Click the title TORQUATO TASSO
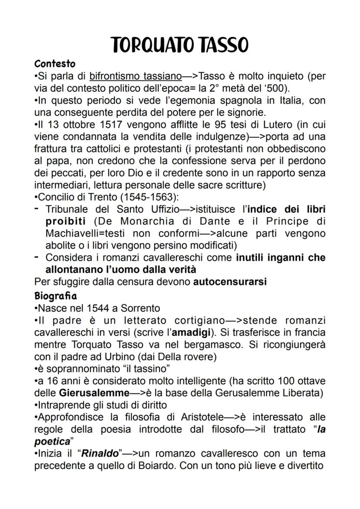pos(180,45)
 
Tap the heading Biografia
pos(55,296)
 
